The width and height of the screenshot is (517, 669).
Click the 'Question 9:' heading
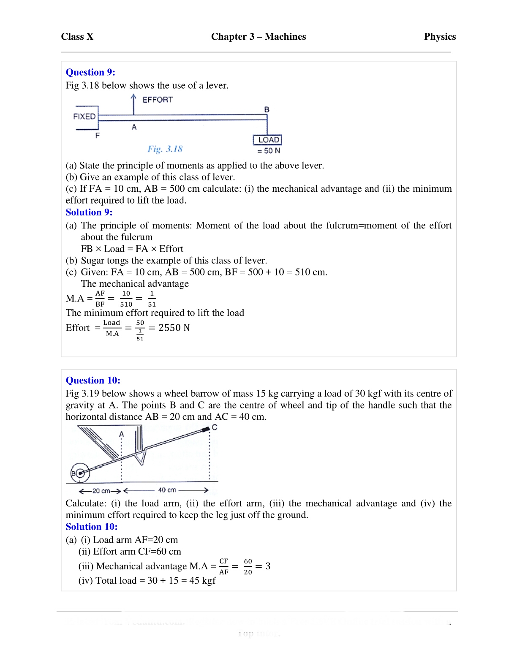[x=90, y=72]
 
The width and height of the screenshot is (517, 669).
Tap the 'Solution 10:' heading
[x=92, y=527]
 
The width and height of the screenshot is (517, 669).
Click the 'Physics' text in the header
[x=440, y=37]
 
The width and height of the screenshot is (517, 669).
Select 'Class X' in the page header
[x=77, y=37]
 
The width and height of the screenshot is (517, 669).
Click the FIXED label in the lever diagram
[x=84, y=117]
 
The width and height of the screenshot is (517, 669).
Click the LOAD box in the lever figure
[x=268, y=140]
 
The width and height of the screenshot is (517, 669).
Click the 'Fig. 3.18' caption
[x=165, y=149]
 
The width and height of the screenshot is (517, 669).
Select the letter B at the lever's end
[x=267, y=110]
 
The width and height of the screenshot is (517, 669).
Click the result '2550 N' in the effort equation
[x=174, y=328]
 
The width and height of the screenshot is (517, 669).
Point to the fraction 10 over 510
[x=126, y=299]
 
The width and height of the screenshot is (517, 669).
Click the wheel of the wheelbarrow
[x=80, y=473]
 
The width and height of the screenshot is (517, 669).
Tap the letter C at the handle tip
[x=215, y=427]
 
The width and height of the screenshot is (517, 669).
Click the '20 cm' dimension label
[x=101, y=491]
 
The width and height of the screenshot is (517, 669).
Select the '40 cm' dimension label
[x=167, y=490]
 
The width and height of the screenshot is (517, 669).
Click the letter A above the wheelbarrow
[x=122, y=434]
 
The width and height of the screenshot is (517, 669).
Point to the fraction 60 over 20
[x=248, y=567]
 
